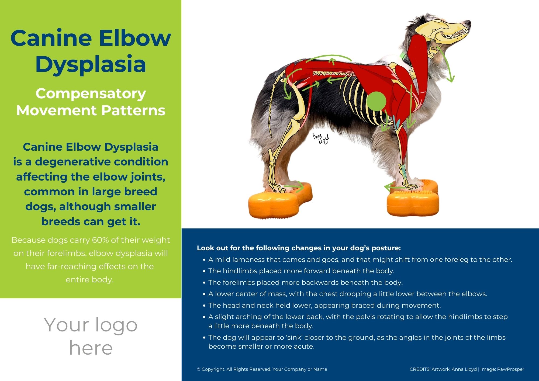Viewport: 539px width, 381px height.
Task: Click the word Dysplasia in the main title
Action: tap(91, 64)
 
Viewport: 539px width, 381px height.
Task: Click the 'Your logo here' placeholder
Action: tap(91, 336)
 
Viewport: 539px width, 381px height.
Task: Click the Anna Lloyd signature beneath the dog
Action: tap(321, 138)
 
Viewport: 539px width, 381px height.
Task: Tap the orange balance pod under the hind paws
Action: tap(280, 200)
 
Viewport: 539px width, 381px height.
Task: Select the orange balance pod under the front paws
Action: tap(413, 198)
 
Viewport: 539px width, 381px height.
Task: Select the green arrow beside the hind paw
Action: tap(294, 186)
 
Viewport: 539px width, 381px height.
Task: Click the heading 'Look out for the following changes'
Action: tap(299, 248)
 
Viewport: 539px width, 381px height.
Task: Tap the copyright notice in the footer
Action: tap(262, 369)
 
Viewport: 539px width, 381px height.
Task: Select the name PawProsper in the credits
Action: tap(510, 369)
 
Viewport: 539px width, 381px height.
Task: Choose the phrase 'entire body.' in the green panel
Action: tap(89, 280)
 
